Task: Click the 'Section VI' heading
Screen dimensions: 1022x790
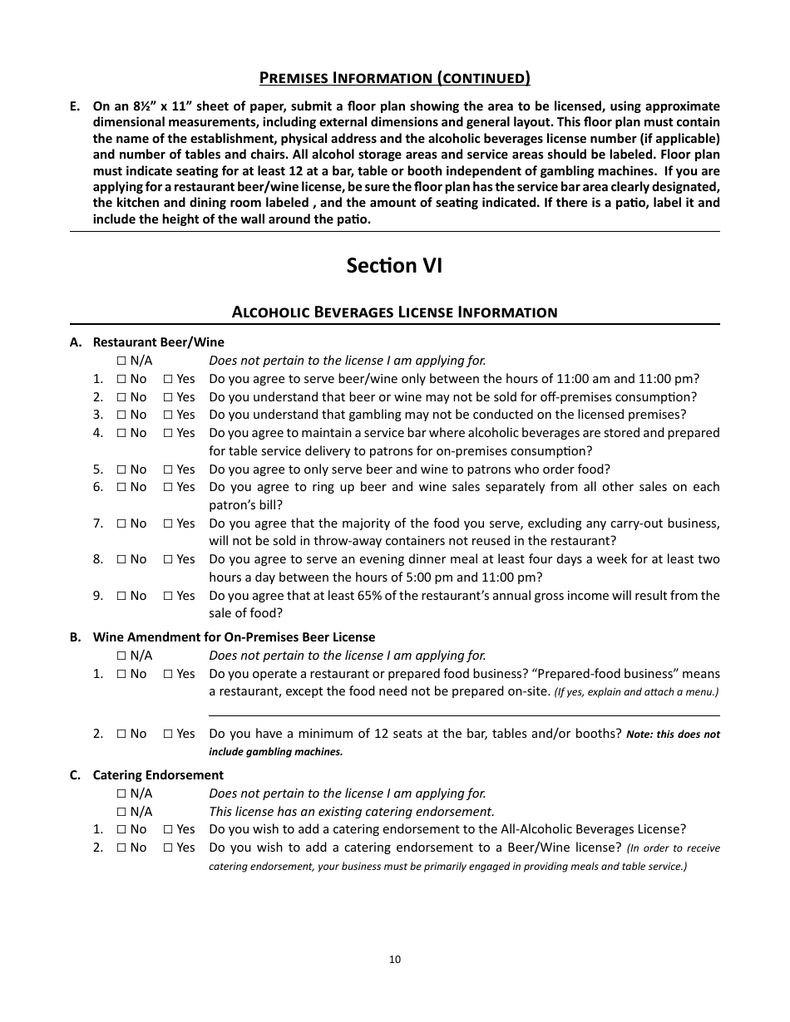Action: point(394,265)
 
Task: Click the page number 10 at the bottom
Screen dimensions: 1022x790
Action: point(394,959)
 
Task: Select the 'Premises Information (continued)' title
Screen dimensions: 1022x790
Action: point(394,78)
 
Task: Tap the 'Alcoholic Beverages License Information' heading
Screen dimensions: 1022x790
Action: point(394,312)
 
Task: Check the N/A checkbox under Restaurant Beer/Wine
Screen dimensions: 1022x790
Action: point(121,361)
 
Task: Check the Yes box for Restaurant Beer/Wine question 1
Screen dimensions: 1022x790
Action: point(168,379)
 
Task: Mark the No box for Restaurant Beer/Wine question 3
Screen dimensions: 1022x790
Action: point(121,415)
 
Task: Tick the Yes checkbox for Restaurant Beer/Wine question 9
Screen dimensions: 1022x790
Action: point(168,596)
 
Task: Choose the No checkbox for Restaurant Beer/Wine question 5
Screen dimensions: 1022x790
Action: point(121,469)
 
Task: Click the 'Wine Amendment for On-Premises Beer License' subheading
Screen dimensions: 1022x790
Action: point(234,637)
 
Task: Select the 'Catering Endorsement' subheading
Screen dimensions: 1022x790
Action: point(158,775)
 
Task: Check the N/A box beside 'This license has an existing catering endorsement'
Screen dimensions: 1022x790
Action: point(121,812)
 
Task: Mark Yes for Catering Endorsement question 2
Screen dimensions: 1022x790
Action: point(168,848)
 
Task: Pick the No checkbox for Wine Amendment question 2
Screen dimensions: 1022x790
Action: point(121,734)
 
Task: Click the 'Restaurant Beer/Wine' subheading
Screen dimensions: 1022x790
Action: point(158,342)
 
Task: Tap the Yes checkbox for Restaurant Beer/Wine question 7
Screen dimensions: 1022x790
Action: point(168,523)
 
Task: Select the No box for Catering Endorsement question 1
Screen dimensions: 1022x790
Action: point(121,829)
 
